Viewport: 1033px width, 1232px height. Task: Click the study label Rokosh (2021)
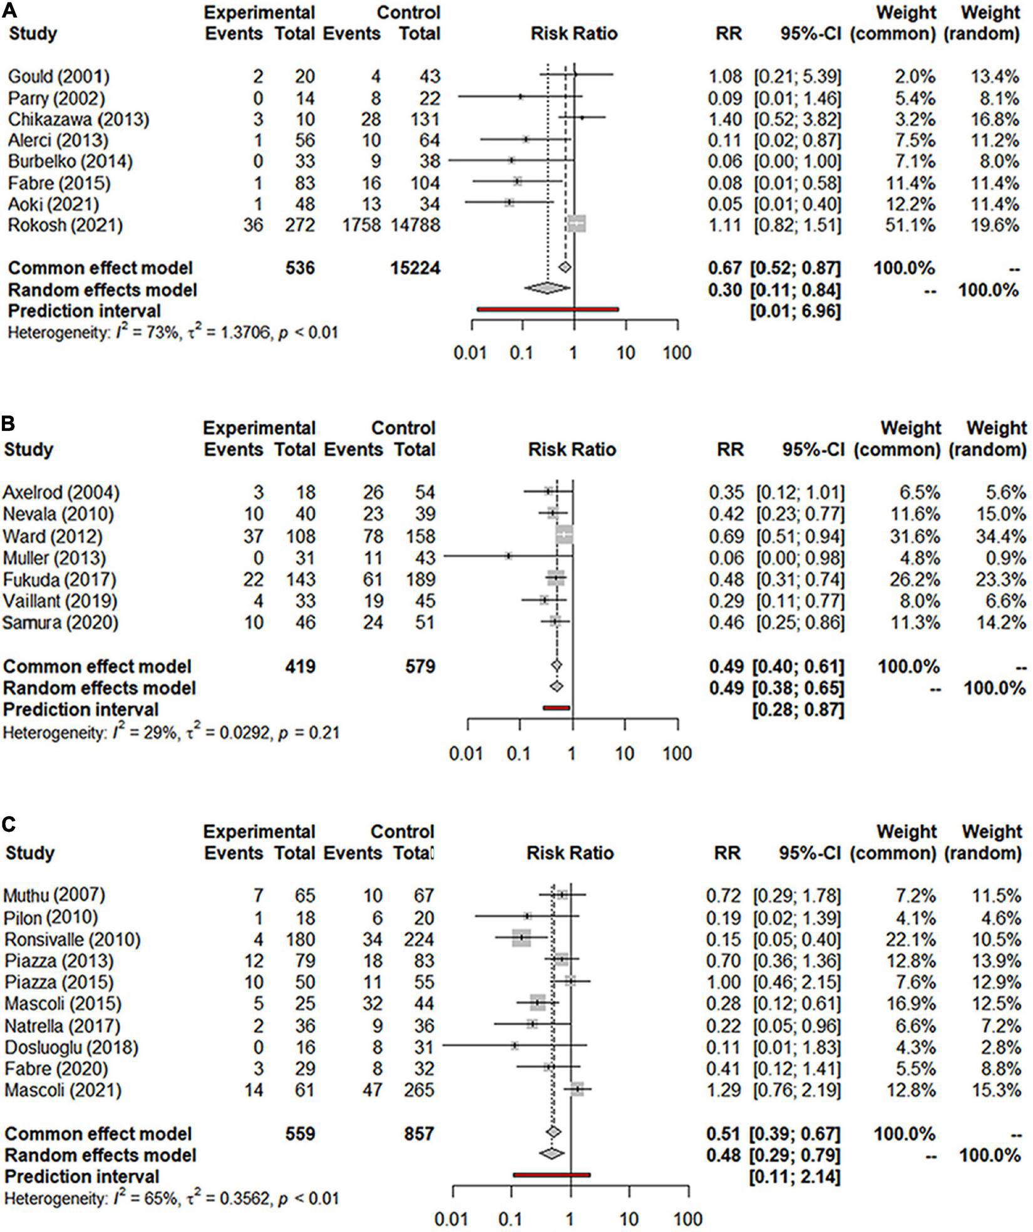click(x=65, y=225)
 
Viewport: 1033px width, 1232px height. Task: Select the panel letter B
click(x=8, y=424)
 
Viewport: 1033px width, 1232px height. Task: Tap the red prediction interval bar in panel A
click(x=547, y=309)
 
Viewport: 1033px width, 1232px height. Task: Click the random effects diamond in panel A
click(x=547, y=288)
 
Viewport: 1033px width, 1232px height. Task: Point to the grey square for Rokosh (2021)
click(x=576, y=224)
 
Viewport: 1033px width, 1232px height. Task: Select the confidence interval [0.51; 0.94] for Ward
click(x=800, y=536)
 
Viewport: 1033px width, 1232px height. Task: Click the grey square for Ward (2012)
click(x=564, y=536)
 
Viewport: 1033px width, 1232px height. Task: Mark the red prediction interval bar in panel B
click(x=556, y=708)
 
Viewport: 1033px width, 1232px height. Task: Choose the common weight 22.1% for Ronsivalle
click(x=914, y=940)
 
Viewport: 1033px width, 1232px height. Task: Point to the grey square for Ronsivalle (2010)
click(x=521, y=938)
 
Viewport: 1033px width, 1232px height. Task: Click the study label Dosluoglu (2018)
click(x=71, y=1047)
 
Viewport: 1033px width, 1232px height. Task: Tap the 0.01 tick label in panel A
click(x=470, y=353)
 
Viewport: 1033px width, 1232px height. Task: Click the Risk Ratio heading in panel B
click(x=572, y=450)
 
